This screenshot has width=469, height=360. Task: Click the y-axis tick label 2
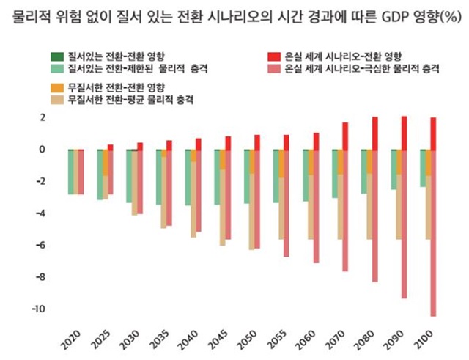(43, 117)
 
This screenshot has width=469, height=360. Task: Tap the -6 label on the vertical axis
(39, 245)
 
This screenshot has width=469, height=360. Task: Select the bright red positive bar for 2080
(374, 133)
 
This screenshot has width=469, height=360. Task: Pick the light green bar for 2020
(71, 172)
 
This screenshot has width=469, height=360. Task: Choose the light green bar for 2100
(423, 168)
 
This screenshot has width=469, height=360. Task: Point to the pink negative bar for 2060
(316, 206)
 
